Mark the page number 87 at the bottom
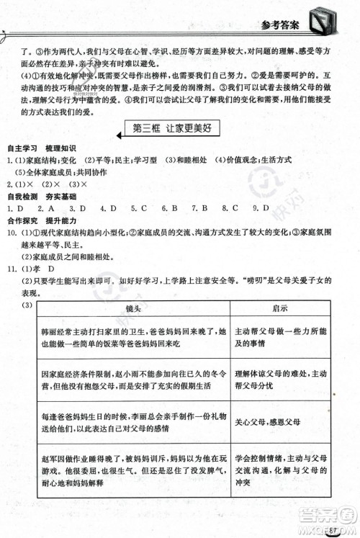[333, 531]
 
